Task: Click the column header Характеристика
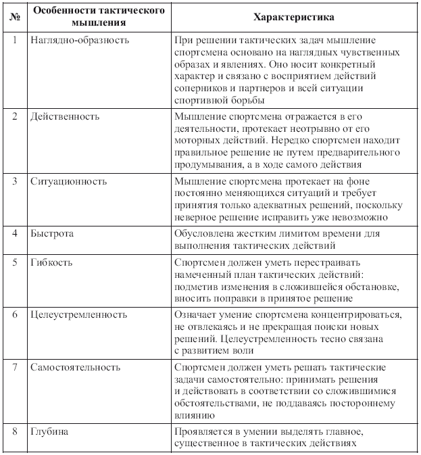pyautogui.click(x=294, y=16)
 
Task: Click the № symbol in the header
pyautogui.click(x=14, y=16)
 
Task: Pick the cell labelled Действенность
pyautogui.click(x=65, y=116)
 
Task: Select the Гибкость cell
pyautogui.click(x=51, y=261)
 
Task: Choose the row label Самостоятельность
pyautogui.click(x=76, y=367)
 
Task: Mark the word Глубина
pyautogui.click(x=50, y=431)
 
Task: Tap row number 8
pyautogui.click(x=14, y=431)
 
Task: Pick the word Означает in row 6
pyautogui.click(x=196, y=315)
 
